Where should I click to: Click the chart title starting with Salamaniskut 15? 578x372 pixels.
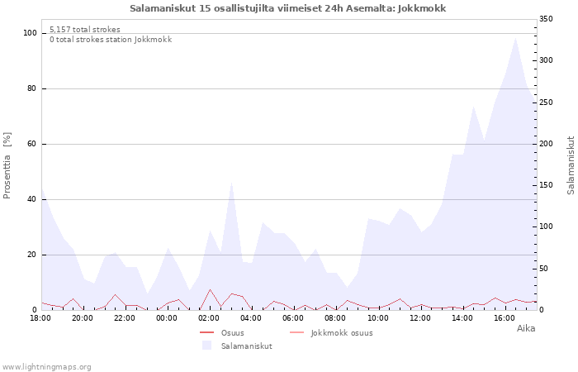point(288,8)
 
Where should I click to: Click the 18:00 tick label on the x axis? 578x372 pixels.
point(40,317)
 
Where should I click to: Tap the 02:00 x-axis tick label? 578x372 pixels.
point(210,317)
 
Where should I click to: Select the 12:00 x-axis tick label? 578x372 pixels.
point(420,317)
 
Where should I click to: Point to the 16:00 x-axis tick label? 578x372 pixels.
point(505,317)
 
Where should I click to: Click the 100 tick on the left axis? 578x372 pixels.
point(30,33)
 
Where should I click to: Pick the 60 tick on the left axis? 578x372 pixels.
point(32,144)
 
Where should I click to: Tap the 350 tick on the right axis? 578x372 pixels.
point(546,19)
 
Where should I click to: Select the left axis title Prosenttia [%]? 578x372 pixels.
point(7,165)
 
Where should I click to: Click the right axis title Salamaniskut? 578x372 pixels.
point(571,165)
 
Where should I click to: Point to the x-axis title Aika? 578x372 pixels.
point(526,328)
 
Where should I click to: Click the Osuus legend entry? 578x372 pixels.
point(232,333)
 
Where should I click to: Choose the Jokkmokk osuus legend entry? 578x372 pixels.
point(342,333)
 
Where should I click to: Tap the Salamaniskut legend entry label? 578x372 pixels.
point(246,346)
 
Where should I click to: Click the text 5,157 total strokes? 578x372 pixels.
point(84,30)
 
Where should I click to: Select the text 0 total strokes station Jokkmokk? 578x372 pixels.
point(111,40)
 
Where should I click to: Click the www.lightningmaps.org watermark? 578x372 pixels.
point(47,367)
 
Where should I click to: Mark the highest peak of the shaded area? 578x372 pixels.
point(515,37)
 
